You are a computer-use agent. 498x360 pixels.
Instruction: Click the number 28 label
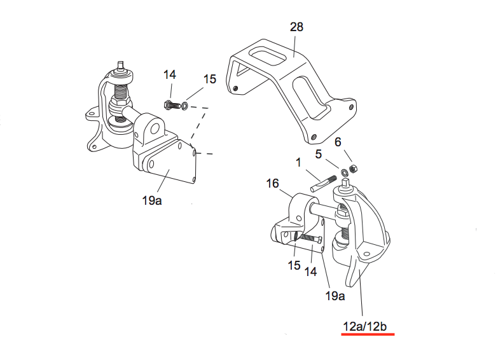pyautogui.click(x=296, y=27)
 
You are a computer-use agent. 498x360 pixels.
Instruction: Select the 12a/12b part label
pyautogui.click(x=368, y=326)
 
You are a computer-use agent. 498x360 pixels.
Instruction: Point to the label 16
pyautogui.click(x=272, y=184)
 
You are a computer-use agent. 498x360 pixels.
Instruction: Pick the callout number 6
pyautogui.click(x=338, y=142)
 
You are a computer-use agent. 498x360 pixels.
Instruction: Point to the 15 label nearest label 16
pyautogui.click(x=293, y=265)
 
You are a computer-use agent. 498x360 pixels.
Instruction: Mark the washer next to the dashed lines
pyautogui.click(x=184, y=106)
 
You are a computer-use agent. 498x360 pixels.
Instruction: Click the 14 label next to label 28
pyautogui.click(x=169, y=74)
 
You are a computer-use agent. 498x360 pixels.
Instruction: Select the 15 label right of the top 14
pyautogui.click(x=210, y=80)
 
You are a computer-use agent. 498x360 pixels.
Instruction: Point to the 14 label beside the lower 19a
pyautogui.click(x=310, y=272)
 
